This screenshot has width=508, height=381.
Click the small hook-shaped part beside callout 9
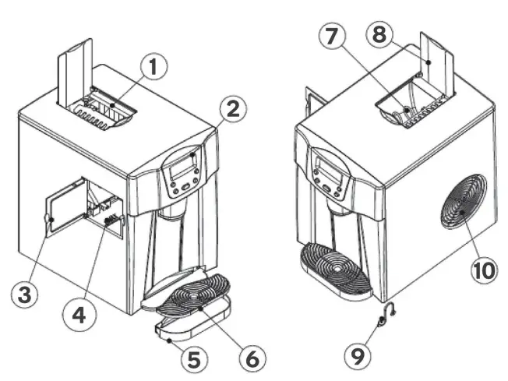[384, 316]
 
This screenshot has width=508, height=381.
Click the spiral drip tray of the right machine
[337, 266]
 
